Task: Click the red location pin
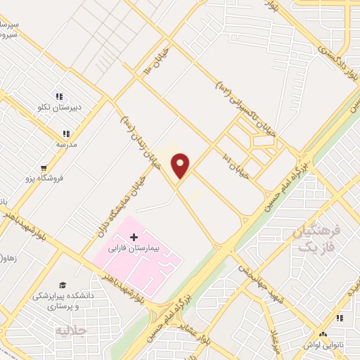pos(181,165)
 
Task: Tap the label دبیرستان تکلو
pos(60,108)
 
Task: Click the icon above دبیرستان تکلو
pos(60,96)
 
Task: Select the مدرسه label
pos(66,144)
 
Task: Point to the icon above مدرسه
pos(66,133)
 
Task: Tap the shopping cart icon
pos(45,168)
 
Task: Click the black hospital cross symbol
pos(134,236)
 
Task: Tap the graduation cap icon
pos(63,285)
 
